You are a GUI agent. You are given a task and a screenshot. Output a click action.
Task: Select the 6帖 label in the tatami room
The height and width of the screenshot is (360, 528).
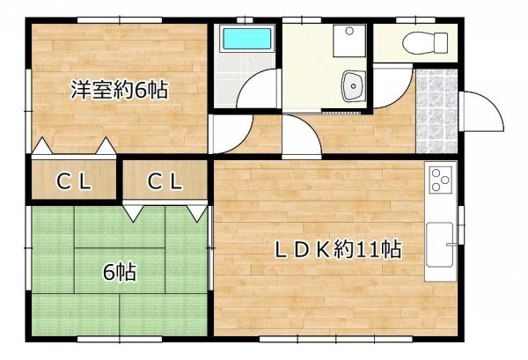tap(120, 272)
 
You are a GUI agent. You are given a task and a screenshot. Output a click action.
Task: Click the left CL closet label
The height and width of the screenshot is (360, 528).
tap(74, 182)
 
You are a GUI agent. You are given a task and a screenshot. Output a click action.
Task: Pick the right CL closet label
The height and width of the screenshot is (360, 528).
tap(164, 182)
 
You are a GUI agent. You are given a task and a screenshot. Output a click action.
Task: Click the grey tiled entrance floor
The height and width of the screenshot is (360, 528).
tap(437, 111)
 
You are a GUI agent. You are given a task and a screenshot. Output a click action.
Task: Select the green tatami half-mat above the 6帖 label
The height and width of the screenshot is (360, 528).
tap(120, 226)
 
